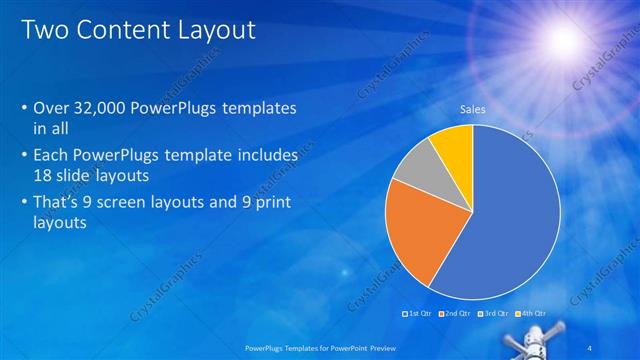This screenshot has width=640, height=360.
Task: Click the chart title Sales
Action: click(x=472, y=109)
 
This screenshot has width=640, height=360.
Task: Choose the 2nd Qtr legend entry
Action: click(x=455, y=315)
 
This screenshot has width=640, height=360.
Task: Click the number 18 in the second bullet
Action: click(x=44, y=173)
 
